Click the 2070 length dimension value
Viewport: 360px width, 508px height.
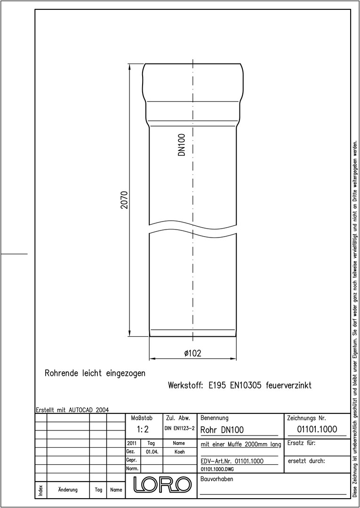(x=125, y=200)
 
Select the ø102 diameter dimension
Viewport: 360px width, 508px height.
(x=193, y=353)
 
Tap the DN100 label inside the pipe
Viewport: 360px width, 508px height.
(x=182, y=145)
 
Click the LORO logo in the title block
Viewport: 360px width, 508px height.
(x=161, y=484)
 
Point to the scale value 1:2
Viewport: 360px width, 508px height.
(x=143, y=429)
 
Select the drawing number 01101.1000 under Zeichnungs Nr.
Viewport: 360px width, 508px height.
(x=317, y=429)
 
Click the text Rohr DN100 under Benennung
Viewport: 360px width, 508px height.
(x=222, y=430)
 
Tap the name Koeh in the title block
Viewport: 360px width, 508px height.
(x=179, y=452)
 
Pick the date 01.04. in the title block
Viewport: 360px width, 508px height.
(x=152, y=452)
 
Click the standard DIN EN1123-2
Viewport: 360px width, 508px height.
(x=179, y=429)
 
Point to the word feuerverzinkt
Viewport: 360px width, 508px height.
(x=288, y=386)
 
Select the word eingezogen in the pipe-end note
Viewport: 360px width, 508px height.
(x=126, y=373)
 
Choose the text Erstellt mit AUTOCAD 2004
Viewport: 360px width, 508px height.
(x=72, y=410)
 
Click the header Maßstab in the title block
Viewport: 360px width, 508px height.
(x=142, y=418)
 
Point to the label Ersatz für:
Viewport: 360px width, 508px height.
(x=301, y=443)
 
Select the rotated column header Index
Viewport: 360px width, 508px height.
(x=41, y=489)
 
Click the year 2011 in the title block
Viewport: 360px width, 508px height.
(x=132, y=443)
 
